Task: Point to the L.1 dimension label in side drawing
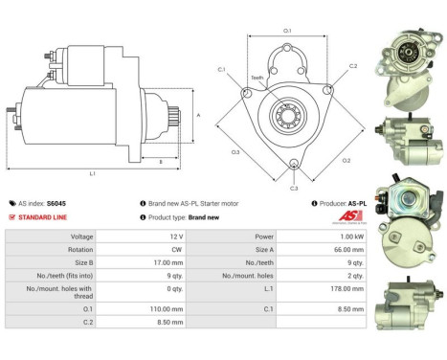(x=92, y=172)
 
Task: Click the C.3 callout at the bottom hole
(x=293, y=189)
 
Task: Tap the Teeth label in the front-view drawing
(x=257, y=78)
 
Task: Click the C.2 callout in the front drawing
(x=352, y=67)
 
